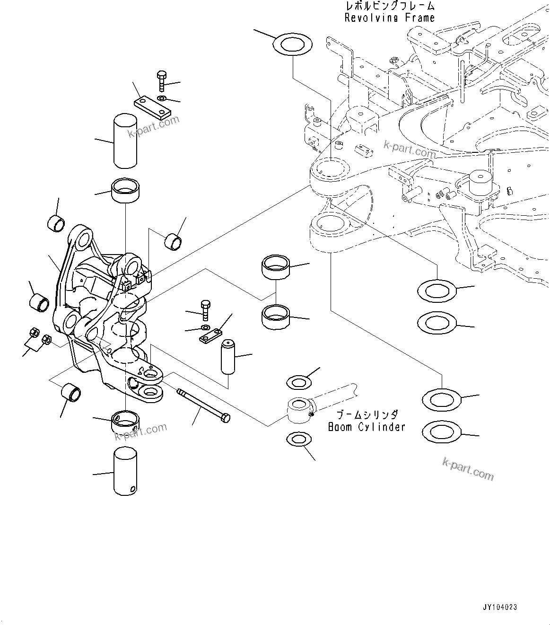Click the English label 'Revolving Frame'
(389, 18)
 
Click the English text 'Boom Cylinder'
(367, 427)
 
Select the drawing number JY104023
(500, 606)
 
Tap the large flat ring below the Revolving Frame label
(293, 44)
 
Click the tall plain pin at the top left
(126, 141)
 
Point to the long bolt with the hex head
(203, 406)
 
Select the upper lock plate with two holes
(152, 107)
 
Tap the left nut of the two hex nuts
(34, 333)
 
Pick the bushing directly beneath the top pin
(126, 191)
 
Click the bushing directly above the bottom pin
(126, 420)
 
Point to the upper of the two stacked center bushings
(276, 266)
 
